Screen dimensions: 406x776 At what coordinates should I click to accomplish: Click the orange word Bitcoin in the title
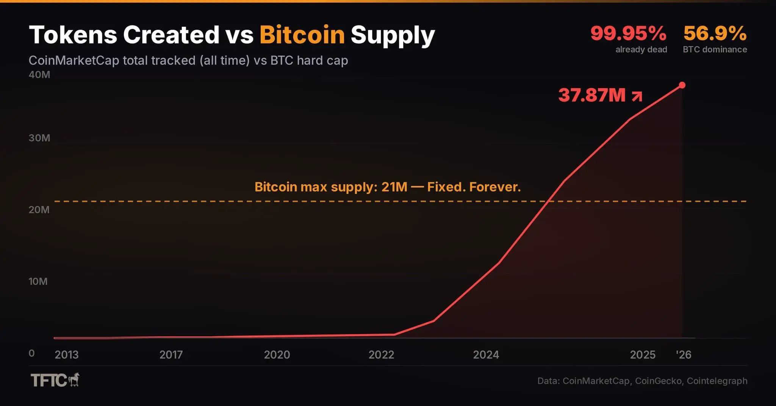pos(302,35)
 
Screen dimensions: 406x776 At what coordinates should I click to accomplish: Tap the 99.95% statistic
pos(628,33)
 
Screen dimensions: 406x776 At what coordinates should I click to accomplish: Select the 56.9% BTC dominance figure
pos(715,33)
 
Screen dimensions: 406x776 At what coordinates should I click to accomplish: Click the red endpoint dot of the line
pos(682,85)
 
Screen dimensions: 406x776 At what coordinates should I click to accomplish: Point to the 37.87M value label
pos(592,95)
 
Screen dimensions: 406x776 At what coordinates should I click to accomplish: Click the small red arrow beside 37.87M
pos(637,96)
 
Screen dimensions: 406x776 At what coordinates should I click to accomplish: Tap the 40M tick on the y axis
pos(39,75)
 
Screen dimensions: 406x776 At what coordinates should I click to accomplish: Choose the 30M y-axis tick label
pos(39,138)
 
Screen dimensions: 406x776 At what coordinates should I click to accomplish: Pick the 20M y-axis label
pos(39,209)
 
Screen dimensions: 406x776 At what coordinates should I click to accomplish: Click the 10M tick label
pos(38,281)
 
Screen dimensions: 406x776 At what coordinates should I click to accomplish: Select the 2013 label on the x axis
pos(67,355)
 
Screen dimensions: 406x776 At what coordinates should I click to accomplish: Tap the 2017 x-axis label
pos(171,355)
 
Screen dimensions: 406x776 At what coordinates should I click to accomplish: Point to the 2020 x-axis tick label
pos(277,355)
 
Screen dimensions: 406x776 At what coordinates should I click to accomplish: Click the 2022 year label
pos(381,355)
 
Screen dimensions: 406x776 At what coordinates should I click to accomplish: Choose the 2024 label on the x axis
pos(486,355)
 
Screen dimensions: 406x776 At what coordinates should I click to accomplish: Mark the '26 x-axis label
pos(684,355)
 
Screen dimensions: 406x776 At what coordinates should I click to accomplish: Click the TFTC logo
pos(55,380)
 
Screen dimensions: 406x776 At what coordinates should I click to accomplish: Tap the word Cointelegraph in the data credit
pos(717,381)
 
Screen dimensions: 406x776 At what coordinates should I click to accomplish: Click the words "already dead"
pos(641,50)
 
